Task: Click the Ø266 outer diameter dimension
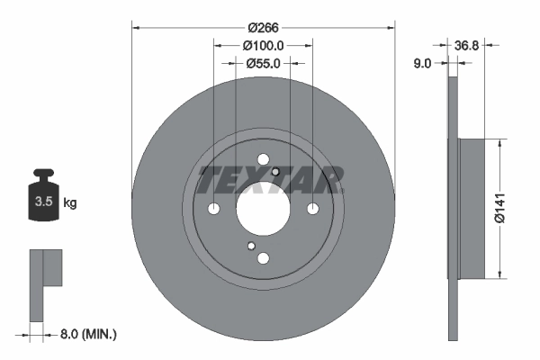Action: pyautogui.click(x=263, y=27)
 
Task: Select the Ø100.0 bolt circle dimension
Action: pyautogui.click(x=263, y=45)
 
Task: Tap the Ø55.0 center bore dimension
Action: pyautogui.click(x=263, y=63)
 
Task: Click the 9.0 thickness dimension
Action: pyautogui.click(x=422, y=63)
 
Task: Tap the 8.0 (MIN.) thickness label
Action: pyautogui.click(x=87, y=334)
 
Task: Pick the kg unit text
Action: pyautogui.click(x=70, y=203)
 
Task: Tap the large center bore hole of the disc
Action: pyautogui.click(x=263, y=209)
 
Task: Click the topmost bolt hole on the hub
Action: pyautogui.click(x=263, y=159)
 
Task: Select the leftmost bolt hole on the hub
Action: pyautogui.click(x=213, y=209)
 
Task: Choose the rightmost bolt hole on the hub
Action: pyautogui.click(x=312, y=209)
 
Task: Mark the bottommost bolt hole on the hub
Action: pyautogui.click(x=263, y=258)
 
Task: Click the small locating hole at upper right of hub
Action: pyautogui.click(x=275, y=173)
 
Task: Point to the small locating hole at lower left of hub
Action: pyautogui.click(x=251, y=246)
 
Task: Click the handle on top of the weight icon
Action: pyautogui.click(x=42, y=175)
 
